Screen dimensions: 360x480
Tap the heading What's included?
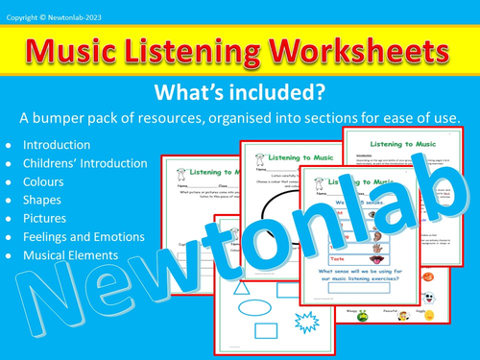click(x=240, y=94)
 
